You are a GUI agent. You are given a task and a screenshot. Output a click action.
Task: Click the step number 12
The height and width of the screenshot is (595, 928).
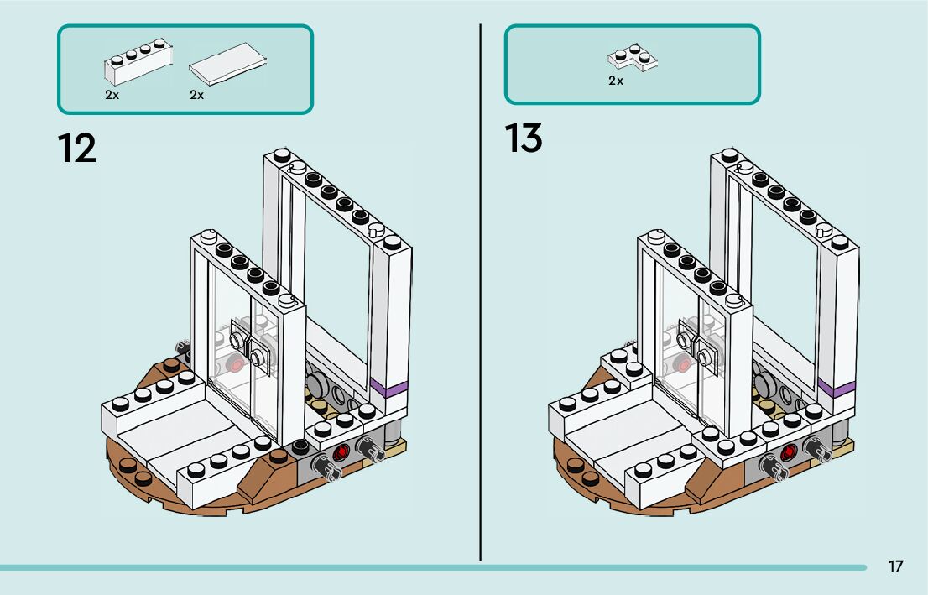[76, 148]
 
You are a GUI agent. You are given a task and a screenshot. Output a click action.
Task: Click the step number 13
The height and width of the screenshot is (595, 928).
[524, 138]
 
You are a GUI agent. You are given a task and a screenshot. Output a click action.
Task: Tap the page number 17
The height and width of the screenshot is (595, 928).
[895, 566]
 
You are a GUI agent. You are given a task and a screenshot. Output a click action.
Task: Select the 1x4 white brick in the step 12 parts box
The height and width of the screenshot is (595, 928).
[138, 61]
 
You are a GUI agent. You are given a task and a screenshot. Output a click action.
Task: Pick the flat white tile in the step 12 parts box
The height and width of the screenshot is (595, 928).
[228, 64]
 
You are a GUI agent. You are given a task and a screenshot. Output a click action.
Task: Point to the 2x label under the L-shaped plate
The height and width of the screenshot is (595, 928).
[616, 81]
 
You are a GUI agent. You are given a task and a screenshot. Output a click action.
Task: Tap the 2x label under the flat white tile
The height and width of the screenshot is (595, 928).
[197, 95]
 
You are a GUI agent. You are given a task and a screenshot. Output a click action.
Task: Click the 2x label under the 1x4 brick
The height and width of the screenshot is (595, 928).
[112, 95]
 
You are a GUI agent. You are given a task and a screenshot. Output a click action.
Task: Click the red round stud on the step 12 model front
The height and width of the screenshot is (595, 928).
[341, 453]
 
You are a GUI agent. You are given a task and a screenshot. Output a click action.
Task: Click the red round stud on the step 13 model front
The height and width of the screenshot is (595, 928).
[788, 453]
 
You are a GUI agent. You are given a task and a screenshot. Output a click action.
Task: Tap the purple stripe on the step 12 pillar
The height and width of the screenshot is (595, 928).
[389, 389]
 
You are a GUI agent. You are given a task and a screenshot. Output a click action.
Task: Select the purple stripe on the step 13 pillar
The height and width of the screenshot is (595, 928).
[837, 389]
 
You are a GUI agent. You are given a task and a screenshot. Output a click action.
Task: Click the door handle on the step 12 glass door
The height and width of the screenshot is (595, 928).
[249, 347]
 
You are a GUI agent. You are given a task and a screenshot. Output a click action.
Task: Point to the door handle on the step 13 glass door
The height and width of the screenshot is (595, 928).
[696, 347]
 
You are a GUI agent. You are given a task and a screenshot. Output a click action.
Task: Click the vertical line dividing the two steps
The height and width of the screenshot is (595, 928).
[480, 292]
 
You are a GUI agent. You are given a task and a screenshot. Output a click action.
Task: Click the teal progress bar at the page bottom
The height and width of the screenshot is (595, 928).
[433, 568]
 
